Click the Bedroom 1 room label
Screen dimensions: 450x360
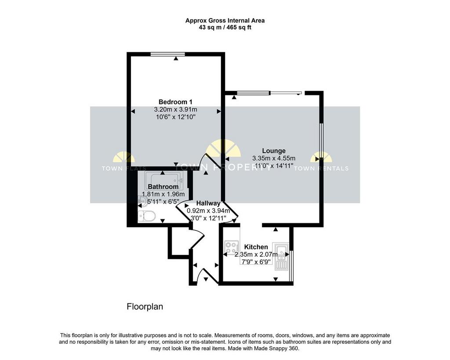(175, 102)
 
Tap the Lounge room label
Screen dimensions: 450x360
(274, 151)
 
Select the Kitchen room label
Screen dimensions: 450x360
(256, 247)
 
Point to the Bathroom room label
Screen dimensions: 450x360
(163, 187)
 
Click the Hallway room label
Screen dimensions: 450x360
(208, 203)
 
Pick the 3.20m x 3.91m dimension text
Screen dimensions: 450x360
(175, 109)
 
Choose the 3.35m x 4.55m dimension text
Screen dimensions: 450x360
(274, 158)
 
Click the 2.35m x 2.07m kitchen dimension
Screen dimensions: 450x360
(256, 255)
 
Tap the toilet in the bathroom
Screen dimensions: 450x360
(146, 216)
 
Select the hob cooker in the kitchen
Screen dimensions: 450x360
(232, 247)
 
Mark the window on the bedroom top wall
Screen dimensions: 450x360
(167, 54)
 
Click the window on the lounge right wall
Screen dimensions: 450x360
(321, 141)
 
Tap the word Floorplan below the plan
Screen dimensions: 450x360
(145, 307)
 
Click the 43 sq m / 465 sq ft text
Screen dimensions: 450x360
(225, 28)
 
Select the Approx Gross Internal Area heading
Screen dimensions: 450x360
(225, 21)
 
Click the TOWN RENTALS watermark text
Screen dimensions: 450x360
(321, 168)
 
